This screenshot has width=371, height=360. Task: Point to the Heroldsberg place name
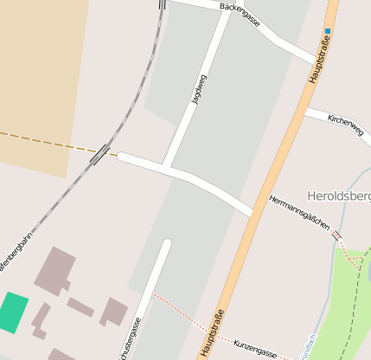coord(338,196)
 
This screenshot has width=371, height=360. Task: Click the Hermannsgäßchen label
coord(299,212)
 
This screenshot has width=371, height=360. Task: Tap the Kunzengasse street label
coord(254,349)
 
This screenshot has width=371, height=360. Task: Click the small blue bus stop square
coord(328,31)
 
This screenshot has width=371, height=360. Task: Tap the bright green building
coord(12,312)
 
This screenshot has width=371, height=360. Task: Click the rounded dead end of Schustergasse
coord(166,244)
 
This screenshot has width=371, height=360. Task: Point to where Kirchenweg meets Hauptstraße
coord(306,110)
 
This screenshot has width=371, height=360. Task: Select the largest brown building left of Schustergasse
coord(54,271)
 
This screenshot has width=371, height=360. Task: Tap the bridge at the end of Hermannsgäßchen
coord(336,235)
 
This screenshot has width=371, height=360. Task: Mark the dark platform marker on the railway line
coord(99,154)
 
